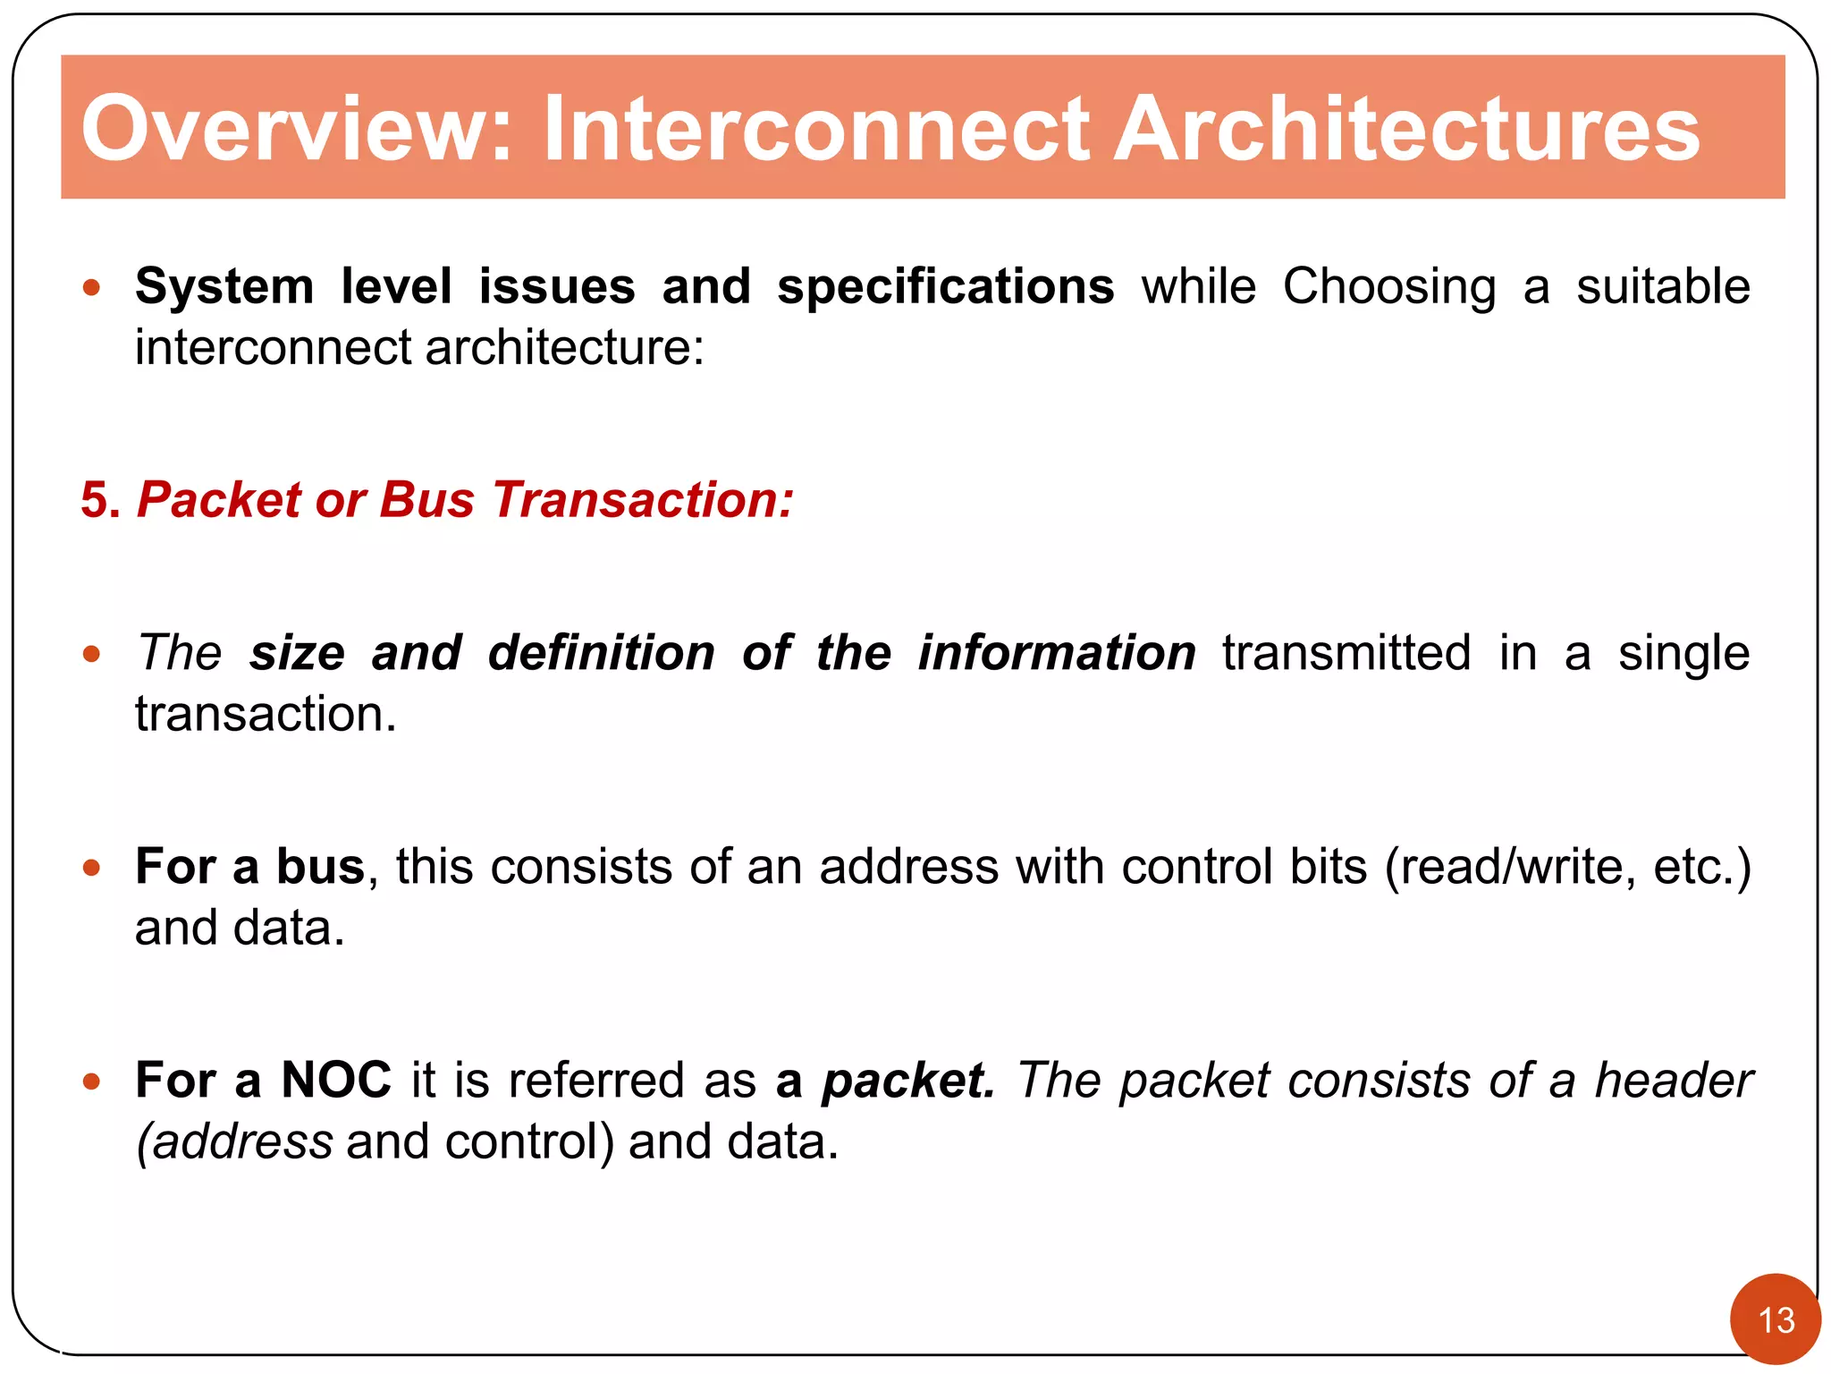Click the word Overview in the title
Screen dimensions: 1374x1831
[x=296, y=130]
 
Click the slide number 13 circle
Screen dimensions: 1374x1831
[x=1775, y=1319]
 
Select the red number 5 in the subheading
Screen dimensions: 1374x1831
[x=98, y=499]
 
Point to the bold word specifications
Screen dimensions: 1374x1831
[x=945, y=287]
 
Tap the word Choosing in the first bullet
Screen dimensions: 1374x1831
[x=1388, y=287]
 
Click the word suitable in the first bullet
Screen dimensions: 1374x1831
[x=1662, y=287]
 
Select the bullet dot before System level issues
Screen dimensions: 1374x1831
[x=91, y=288]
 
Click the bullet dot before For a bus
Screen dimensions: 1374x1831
[x=91, y=868]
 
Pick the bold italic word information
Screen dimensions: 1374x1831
[x=1057, y=653]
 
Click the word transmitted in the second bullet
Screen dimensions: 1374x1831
[x=1346, y=653]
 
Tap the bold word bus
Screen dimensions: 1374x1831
[x=320, y=867]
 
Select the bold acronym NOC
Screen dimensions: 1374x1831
[x=336, y=1080]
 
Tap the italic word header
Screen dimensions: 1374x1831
[x=1673, y=1080]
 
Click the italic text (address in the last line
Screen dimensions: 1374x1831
[x=234, y=1142]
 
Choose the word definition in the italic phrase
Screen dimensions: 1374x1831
[x=602, y=653]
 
